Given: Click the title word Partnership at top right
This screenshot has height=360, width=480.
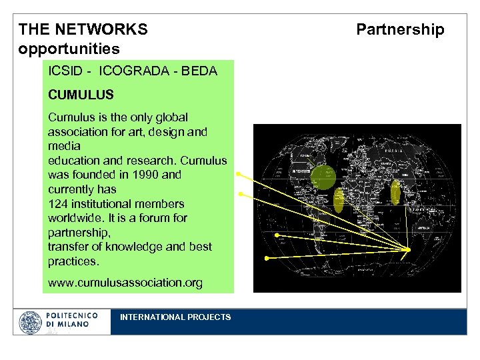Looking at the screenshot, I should (x=400, y=29).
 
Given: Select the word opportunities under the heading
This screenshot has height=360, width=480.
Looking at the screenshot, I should (x=69, y=49).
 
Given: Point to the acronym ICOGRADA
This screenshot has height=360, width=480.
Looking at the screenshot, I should (x=136, y=71).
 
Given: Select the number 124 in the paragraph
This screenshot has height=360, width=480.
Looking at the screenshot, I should (x=59, y=204).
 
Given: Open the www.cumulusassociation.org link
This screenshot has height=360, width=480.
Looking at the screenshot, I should (x=125, y=283).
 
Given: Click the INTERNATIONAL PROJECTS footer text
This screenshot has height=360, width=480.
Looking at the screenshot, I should (x=175, y=317).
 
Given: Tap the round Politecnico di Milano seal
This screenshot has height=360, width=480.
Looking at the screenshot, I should (x=30, y=323).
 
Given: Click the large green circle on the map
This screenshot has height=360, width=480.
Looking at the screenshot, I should (x=324, y=177).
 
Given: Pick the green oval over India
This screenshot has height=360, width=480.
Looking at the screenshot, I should (x=395, y=192).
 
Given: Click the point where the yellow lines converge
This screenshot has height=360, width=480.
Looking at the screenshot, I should (x=408, y=250).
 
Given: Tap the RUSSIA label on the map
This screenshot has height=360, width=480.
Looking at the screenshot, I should (x=391, y=151).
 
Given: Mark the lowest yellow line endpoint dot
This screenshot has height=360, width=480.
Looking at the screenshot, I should (x=266, y=257).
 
